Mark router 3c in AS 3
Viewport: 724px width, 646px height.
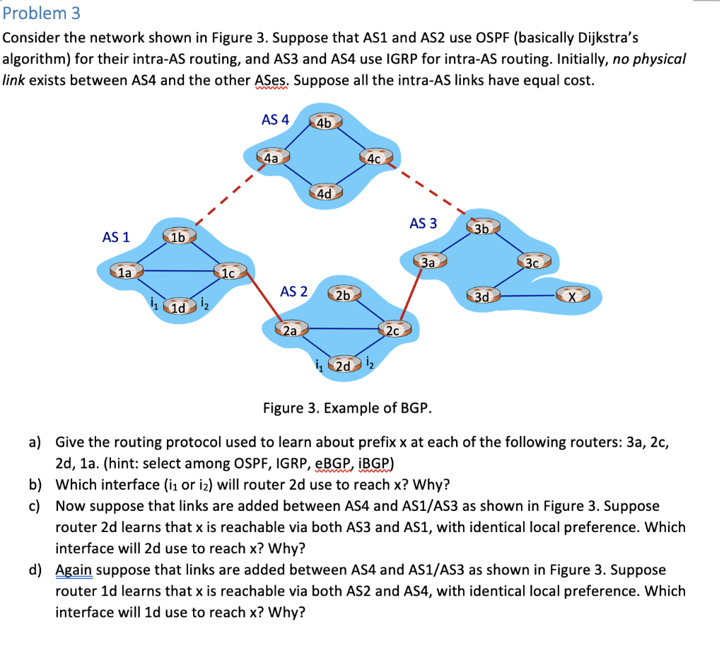[x=534, y=263]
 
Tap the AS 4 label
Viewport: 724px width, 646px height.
[x=275, y=120]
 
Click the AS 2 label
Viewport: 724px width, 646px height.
[x=294, y=291]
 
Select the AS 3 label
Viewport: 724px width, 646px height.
[x=423, y=224]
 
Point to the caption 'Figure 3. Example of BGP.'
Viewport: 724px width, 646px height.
[x=347, y=408]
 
